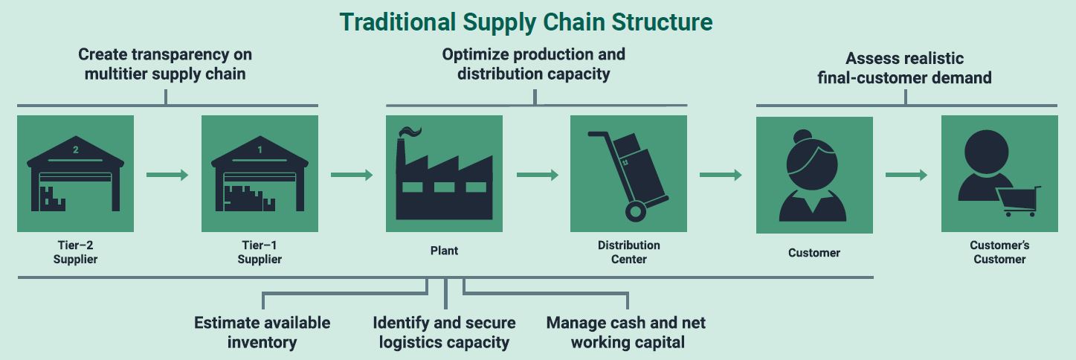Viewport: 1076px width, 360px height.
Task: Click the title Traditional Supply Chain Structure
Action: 526,22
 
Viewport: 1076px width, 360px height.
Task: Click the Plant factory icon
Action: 444,179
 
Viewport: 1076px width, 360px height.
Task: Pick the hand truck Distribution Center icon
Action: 628,176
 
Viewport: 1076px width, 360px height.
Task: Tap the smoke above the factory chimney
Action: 410,132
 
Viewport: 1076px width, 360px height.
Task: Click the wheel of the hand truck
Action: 636,211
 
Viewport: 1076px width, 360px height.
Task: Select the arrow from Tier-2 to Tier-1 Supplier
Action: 167,175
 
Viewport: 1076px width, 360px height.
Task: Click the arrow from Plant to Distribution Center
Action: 537,175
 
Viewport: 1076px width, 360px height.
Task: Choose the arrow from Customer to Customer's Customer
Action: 906,176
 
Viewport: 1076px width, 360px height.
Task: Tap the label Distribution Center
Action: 628,252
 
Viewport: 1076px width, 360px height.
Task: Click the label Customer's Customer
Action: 999,252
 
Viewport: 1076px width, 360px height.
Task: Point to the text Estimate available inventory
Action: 262,332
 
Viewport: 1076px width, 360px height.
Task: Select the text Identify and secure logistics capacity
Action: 444,332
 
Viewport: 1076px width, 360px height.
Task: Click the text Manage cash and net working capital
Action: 626,332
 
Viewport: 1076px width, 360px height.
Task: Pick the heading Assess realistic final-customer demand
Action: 904,68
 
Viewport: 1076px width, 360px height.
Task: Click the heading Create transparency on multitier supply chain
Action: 165,64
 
